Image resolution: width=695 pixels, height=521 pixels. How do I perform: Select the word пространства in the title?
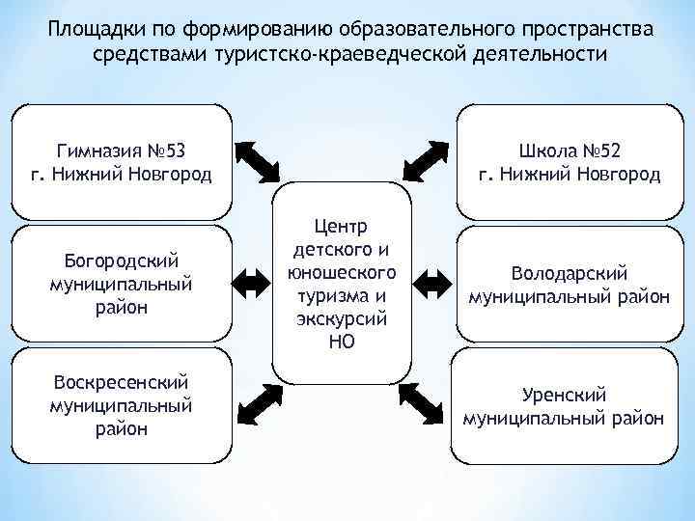click(x=577, y=29)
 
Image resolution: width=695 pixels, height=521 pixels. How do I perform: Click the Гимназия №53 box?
click(x=121, y=162)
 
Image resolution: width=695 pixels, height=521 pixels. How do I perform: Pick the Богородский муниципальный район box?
click(x=121, y=284)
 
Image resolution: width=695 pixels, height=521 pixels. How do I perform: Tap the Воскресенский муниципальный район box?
click(x=121, y=405)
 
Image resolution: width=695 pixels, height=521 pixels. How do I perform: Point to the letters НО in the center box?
click(x=342, y=340)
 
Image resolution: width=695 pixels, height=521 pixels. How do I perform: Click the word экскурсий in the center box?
click(x=342, y=317)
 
